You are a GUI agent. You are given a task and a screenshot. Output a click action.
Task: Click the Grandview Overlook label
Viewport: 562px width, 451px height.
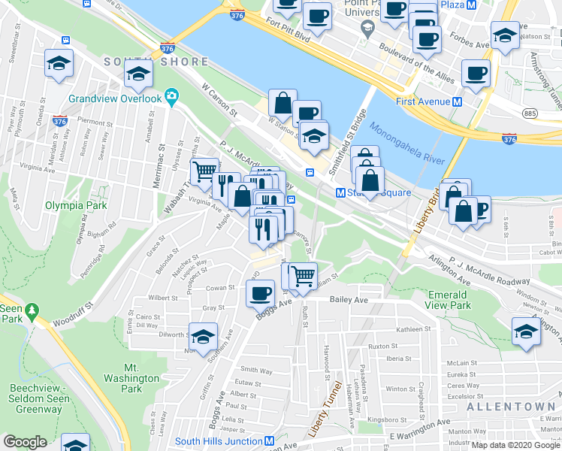[x=115, y=98]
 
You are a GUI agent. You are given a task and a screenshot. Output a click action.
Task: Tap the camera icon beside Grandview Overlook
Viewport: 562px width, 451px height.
[x=171, y=96]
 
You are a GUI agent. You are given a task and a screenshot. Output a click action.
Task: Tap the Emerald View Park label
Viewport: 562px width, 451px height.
[x=449, y=300]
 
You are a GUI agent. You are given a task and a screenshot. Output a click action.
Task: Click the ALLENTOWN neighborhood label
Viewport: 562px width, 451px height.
[x=510, y=406]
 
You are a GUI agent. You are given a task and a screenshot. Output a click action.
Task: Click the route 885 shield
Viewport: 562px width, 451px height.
[x=530, y=113]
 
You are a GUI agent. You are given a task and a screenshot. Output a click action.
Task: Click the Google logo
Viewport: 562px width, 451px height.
[x=26, y=442]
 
